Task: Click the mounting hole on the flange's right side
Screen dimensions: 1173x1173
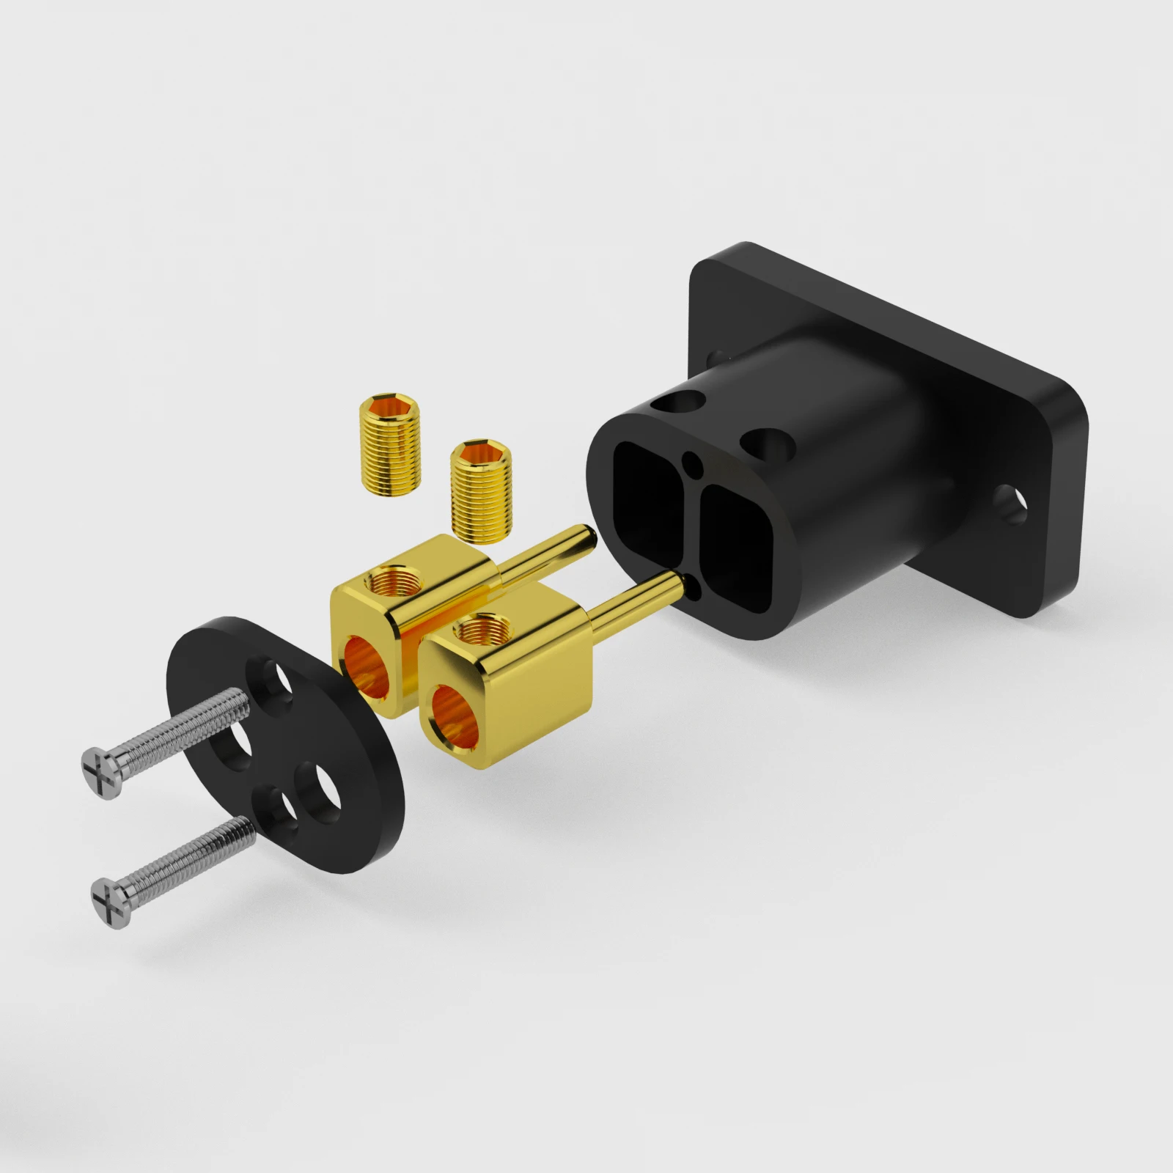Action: click(1011, 505)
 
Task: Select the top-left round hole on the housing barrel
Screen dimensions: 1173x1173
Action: click(677, 402)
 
